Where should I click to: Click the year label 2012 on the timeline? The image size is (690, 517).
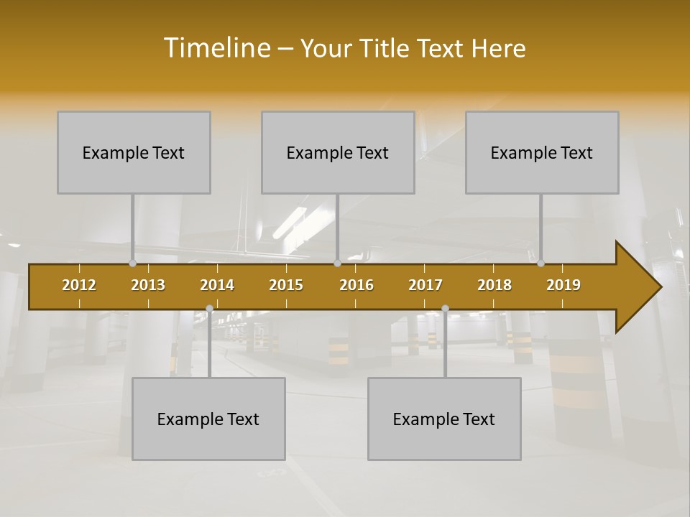coord(79,285)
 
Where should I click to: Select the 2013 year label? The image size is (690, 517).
coord(148,285)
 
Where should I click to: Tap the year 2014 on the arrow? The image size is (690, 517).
coord(217,285)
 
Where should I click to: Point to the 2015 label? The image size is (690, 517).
coord(286,285)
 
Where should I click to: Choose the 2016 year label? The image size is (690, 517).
coord(356,285)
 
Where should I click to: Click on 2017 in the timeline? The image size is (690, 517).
coord(425,285)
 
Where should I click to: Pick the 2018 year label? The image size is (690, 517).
coord(494,285)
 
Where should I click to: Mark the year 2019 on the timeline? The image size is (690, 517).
coord(563,285)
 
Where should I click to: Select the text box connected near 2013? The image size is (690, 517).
coord(134,152)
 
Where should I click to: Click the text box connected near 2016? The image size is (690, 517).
coord(338,152)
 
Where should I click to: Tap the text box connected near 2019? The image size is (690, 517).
coord(542,152)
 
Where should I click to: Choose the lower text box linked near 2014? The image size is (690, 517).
coord(208,419)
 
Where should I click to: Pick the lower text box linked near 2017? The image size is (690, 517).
coord(444,419)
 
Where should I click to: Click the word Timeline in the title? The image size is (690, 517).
coord(216,48)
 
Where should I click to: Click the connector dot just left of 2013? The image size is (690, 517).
coord(132,264)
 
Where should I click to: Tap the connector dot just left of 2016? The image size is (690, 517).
coord(337,264)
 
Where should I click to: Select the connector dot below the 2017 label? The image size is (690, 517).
coord(445,309)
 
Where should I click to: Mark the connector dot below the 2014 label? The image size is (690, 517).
coord(209,309)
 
